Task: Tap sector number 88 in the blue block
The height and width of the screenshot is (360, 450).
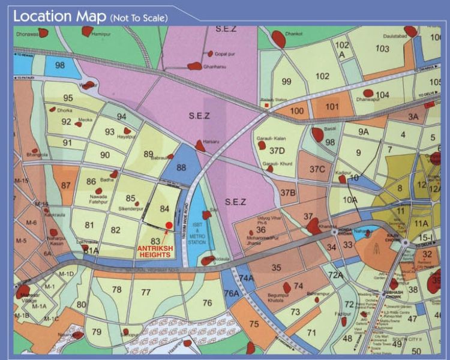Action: coord(181,167)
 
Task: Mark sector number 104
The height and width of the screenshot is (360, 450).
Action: coord(382,94)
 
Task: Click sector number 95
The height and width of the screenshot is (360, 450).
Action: coord(68,98)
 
